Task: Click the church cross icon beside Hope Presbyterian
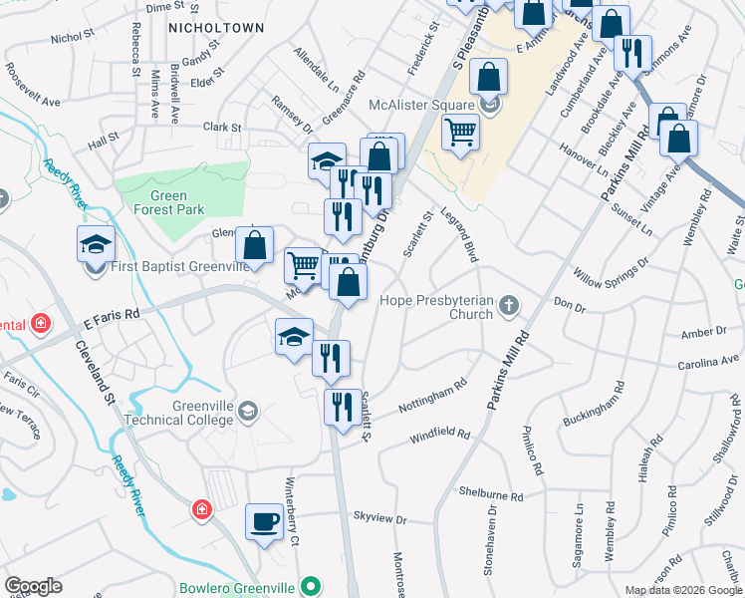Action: (509, 305)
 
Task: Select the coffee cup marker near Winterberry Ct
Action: (265, 522)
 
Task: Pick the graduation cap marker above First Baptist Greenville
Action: (97, 243)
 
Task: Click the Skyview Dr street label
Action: (380, 519)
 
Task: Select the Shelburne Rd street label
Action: (491, 494)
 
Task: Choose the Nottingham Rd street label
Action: (432, 396)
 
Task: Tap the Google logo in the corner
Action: (33, 586)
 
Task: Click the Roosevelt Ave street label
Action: (35, 79)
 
